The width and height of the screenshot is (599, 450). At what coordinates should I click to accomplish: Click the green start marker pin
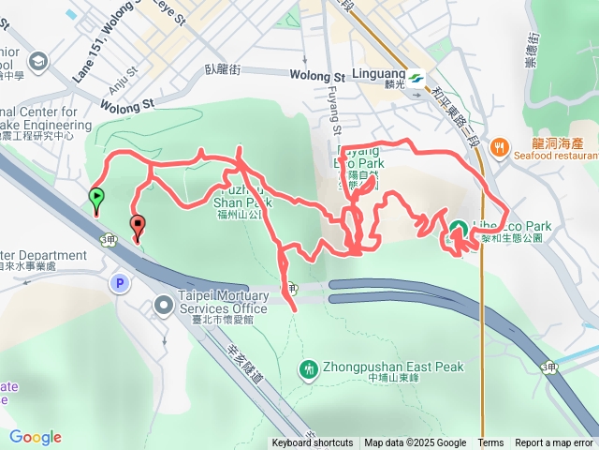[x=96, y=198]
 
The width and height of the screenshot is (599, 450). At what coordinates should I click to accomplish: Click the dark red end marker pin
[x=138, y=225]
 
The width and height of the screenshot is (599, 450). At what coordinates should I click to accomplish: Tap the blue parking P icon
[x=119, y=282]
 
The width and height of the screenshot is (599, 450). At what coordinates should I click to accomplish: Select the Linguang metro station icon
[x=415, y=81]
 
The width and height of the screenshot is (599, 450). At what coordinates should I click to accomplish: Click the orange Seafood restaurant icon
[x=502, y=146]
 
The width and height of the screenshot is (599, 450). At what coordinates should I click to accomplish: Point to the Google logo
[x=36, y=437]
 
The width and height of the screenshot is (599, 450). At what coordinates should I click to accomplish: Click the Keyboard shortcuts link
[x=314, y=443]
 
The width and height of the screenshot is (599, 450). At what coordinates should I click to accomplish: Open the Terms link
[x=490, y=443]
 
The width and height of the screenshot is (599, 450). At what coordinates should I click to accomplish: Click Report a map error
[x=554, y=443]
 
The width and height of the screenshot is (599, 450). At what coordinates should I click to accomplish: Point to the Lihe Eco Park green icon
[x=460, y=229]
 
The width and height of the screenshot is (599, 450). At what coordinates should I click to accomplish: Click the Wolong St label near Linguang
[x=317, y=75]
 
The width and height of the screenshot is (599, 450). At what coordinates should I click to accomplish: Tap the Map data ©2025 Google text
[x=415, y=443]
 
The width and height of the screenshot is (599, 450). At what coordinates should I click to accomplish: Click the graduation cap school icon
[x=39, y=63]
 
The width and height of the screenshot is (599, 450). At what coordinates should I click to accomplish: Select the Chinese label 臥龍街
[x=223, y=69]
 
